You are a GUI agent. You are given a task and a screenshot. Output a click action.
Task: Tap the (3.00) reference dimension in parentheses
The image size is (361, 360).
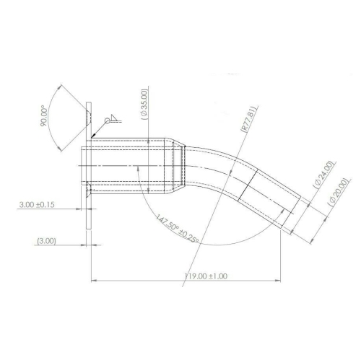47,241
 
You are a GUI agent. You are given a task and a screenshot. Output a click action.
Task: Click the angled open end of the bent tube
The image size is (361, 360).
294,213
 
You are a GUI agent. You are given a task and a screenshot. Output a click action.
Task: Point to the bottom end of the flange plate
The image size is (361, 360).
88,228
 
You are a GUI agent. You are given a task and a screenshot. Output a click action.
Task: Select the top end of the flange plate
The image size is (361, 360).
88,105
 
